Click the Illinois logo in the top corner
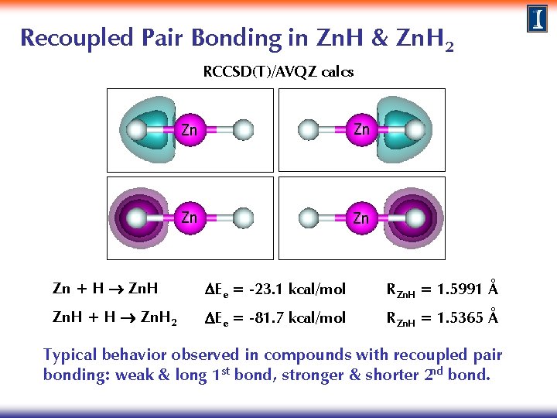tap(538, 19)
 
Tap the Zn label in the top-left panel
tap(189, 129)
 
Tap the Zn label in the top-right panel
tap(361, 129)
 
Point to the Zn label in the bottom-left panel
tap(189, 218)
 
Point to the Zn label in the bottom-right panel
tap(361, 218)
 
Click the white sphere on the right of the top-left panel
tap(243, 130)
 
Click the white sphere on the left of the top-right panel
tap(308, 130)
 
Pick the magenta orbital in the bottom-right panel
tap(409, 218)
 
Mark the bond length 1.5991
tap(460, 290)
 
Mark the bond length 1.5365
tap(460, 318)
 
